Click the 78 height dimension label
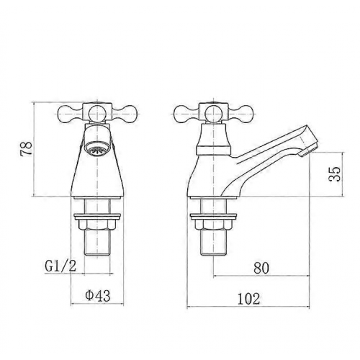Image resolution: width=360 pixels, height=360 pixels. tap(26, 149)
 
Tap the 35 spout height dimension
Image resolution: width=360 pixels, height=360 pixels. tap(335, 174)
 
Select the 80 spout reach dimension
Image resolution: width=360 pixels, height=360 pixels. tap(261, 268)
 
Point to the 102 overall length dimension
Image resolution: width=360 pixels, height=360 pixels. tap(248, 299)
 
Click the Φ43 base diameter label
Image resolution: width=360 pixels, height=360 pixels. tap(98, 295)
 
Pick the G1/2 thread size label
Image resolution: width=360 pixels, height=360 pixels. tap(60, 266)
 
